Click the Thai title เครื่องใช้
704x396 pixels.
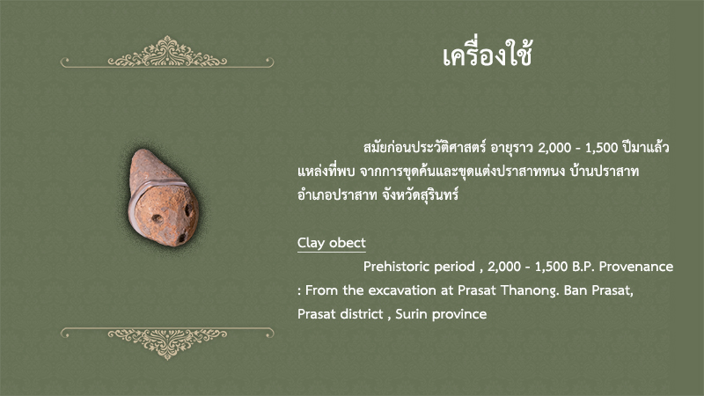(x=488, y=55)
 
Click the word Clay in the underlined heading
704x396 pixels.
(x=311, y=243)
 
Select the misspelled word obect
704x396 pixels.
(x=348, y=243)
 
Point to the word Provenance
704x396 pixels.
(x=636, y=267)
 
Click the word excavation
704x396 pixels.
(x=402, y=290)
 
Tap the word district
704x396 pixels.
(x=363, y=314)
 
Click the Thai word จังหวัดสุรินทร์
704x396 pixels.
(x=421, y=194)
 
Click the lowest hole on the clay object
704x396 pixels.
(x=181, y=238)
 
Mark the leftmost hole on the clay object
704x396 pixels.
(x=157, y=218)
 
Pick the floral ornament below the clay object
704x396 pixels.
(x=167, y=343)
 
